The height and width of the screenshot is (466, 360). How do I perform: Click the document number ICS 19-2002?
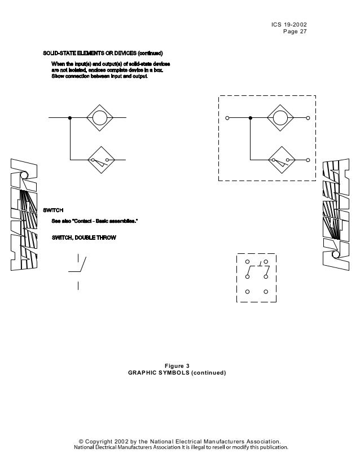(x=289, y=24)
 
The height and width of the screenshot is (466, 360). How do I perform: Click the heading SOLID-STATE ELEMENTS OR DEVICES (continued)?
(x=103, y=53)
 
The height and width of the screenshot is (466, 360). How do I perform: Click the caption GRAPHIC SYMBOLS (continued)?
(x=177, y=373)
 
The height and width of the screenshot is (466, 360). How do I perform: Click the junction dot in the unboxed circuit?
(x=69, y=118)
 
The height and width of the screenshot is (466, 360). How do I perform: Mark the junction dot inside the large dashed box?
(x=249, y=118)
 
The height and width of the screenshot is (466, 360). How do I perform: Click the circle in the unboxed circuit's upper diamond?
(x=100, y=118)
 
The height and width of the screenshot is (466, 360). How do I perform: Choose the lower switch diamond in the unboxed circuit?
(x=100, y=160)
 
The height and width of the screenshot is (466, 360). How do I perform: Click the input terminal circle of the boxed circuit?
(x=227, y=118)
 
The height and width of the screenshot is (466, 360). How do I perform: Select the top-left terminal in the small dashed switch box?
(x=248, y=262)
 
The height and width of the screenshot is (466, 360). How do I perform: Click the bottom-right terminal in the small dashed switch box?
(x=265, y=292)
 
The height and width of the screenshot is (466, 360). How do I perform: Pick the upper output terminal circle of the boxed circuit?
(x=308, y=118)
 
